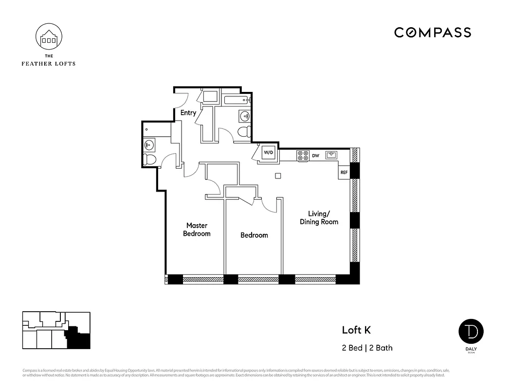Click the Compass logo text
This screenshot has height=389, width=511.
pos(432,33)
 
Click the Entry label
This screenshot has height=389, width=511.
pos(188,113)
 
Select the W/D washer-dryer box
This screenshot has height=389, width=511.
pos(269,153)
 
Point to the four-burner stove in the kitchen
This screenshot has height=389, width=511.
pos(303,156)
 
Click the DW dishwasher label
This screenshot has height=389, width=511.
pos(315,156)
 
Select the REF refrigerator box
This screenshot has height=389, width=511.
pos(344,172)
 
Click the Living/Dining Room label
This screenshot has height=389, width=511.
pos(319,218)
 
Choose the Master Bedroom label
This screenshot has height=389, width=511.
pos(197,230)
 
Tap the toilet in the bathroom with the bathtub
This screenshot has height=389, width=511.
pos(244,131)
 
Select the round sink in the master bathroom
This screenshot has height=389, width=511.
pos(149,144)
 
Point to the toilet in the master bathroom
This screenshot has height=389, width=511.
pos(150,159)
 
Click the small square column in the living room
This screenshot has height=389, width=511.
pos(278,176)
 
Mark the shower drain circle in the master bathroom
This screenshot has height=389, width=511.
pos(147,129)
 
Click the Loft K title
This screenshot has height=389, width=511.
pos(356,330)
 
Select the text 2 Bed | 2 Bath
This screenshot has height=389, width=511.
pos(367,348)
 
